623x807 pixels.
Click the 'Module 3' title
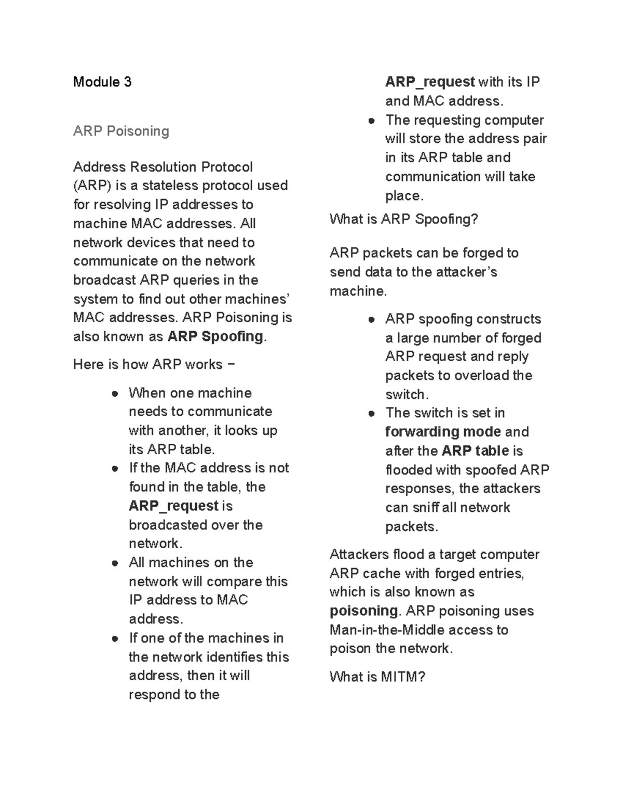click(x=102, y=82)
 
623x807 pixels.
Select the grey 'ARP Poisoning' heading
click(x=121, y=131)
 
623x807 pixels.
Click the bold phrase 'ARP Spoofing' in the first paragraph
click(x=215, y=337)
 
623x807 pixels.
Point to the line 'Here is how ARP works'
click(x=154, y=365)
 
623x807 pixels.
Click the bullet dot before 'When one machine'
click(x=115, y=394)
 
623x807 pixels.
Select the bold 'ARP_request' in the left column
click(x=173, y=506)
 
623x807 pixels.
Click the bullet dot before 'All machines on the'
click(x=115, y=563)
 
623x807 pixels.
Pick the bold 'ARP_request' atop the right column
click(x=430, y=82)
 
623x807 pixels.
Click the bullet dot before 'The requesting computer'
click(x=371, y=121)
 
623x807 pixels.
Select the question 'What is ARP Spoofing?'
click(x=404, y=219)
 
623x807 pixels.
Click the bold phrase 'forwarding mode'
click(x=443, y=432)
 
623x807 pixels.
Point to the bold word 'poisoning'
click(x=363, y=611)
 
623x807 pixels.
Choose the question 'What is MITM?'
click(x=377, y=677)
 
